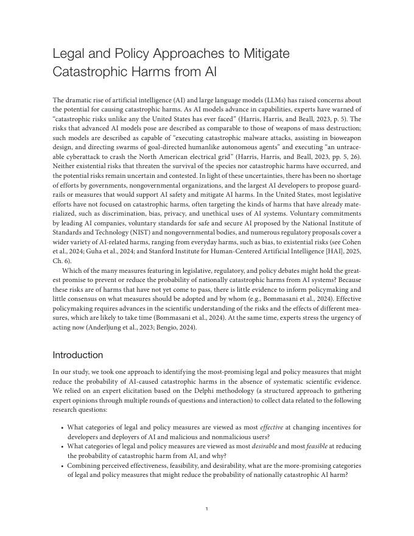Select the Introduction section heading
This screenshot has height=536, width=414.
pyautogui.click(x=78, y=354)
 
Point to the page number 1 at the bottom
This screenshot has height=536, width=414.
pyautogui.click(x=207, y=509)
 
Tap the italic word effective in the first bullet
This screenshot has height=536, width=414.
pyautogui.click(x=271, y=428)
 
